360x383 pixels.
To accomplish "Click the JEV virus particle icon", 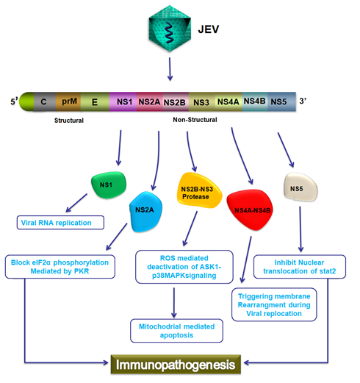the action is coord(170,29).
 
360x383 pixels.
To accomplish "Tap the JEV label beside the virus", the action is coord(209,29).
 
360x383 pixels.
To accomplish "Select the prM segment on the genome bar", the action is coord(68,101).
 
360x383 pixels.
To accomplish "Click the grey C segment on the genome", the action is coord(44,101).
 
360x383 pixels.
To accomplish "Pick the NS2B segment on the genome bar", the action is coord(175,102).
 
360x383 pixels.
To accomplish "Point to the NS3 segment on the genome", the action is coord(201,102).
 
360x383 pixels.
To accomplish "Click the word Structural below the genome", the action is coord(69,121).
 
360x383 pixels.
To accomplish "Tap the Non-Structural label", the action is coord(195,120).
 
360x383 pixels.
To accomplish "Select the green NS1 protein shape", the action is coord(109,185).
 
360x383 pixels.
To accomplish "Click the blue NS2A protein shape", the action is coord(145,212).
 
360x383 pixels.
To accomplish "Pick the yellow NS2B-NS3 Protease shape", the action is coord(198,190).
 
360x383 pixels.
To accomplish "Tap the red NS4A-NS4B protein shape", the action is coord(251,210).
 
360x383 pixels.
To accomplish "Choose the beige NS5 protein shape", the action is coord(300,187).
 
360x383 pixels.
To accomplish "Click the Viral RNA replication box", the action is coord(60,223).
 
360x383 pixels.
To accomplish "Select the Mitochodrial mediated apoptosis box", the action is coord(176,331).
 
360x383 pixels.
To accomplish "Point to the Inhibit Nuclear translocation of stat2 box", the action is coord(300,267).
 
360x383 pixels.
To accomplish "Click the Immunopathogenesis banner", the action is coord(176,365).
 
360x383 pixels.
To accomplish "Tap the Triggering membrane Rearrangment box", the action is coord(274,304).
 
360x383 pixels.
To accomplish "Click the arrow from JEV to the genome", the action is coord(170,69).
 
